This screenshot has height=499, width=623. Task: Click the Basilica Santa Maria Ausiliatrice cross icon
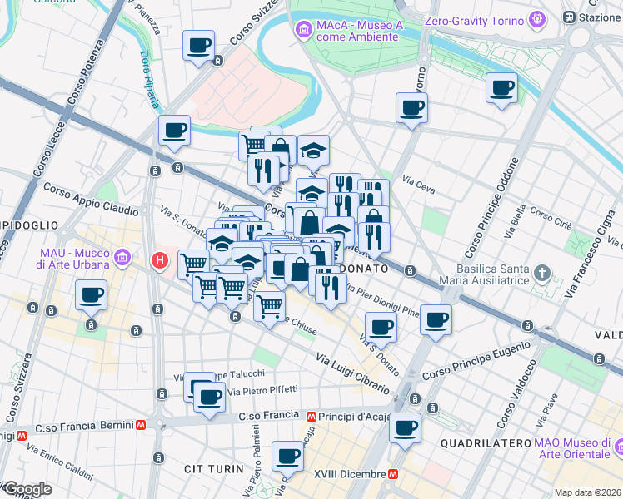pos(541,273)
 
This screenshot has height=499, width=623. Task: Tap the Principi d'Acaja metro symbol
pos(311,416)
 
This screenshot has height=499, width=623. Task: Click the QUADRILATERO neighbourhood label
pos(486,443)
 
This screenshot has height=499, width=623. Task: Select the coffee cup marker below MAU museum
pos(92,294)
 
